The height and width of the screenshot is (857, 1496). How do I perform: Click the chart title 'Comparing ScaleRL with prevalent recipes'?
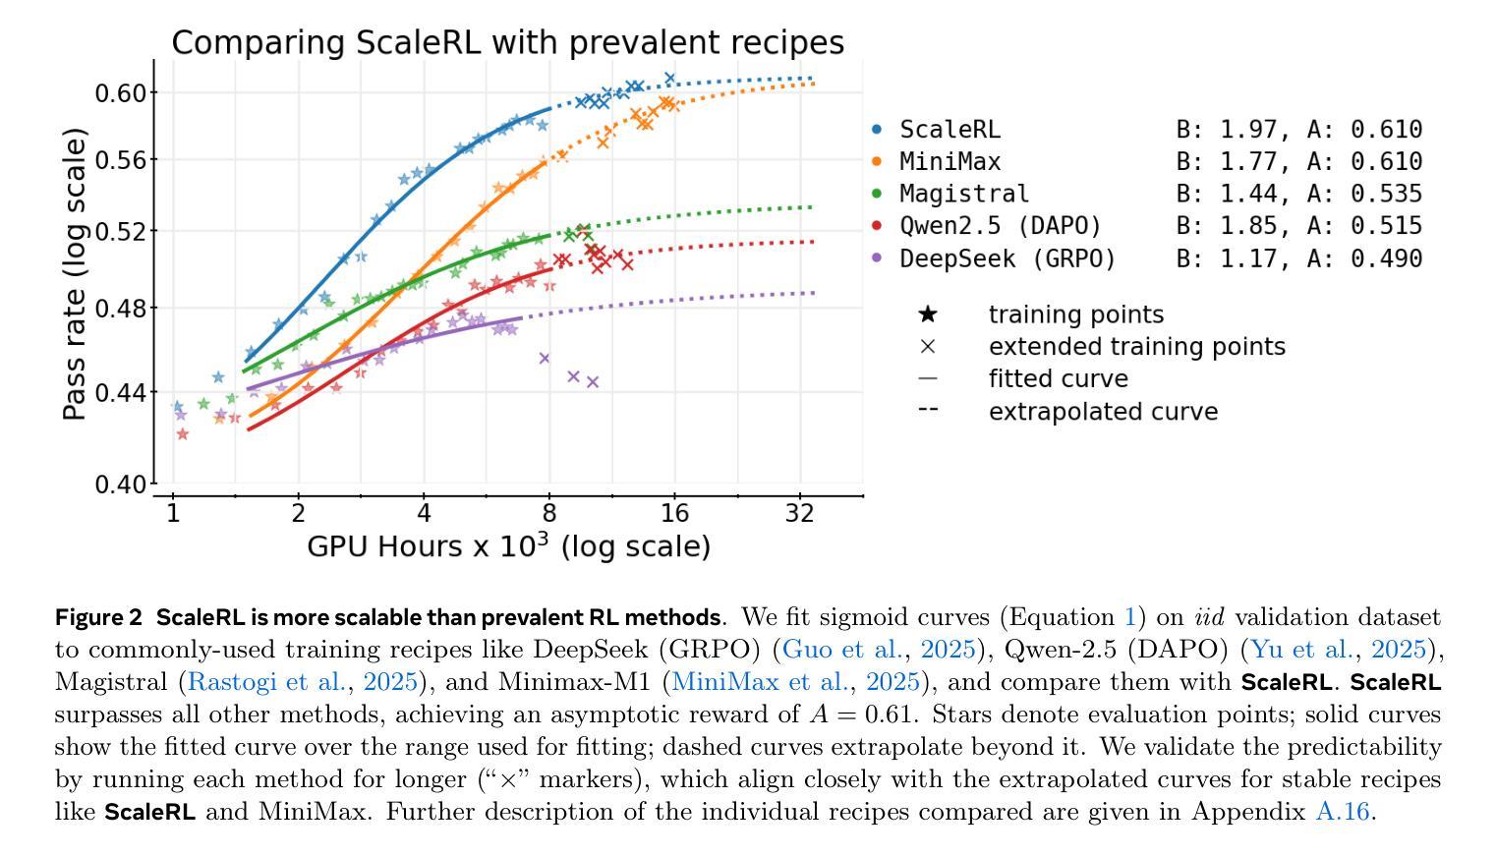tap(507, 42)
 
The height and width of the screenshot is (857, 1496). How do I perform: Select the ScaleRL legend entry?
tap(949, 129)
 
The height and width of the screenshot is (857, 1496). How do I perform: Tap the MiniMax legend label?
tap(949, 161)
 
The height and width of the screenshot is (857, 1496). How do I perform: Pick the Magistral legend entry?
tap(964, 194)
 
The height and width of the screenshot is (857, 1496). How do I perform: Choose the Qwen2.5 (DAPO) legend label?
tap(1001, 226)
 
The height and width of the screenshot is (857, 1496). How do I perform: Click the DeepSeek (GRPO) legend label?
tap(1007, 258)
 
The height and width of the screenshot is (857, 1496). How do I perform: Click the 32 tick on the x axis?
tap(800, 513)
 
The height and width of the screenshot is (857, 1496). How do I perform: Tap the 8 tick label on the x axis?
tap(548, 513)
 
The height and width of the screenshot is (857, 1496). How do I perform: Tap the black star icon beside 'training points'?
tap(927, 314)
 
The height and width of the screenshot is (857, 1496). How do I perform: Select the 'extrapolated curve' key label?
tap(1103, 412)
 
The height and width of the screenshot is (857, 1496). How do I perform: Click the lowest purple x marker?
tap(593, 381)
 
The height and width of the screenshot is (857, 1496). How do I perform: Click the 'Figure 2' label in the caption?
tap(98, 617)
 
